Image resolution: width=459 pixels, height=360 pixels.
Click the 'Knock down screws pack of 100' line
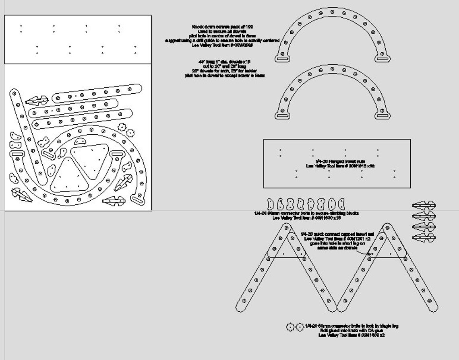point(222,27)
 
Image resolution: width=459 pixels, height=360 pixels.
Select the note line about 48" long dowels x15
point(224,62)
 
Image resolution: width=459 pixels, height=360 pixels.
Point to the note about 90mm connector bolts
point(306,213)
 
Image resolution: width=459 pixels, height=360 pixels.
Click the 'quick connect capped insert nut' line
point(337,234)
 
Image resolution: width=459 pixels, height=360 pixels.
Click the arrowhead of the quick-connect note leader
point(370,254)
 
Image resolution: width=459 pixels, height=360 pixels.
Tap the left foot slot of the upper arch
point(283,59)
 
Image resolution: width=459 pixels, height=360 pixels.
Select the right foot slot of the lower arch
point(382,116)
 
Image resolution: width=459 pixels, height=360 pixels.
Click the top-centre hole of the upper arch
point(332,12)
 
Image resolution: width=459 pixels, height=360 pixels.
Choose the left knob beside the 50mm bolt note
point(290,327)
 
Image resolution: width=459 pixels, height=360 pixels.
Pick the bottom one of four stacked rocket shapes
point(424,238)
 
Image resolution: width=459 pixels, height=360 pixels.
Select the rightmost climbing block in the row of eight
point(341,204)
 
